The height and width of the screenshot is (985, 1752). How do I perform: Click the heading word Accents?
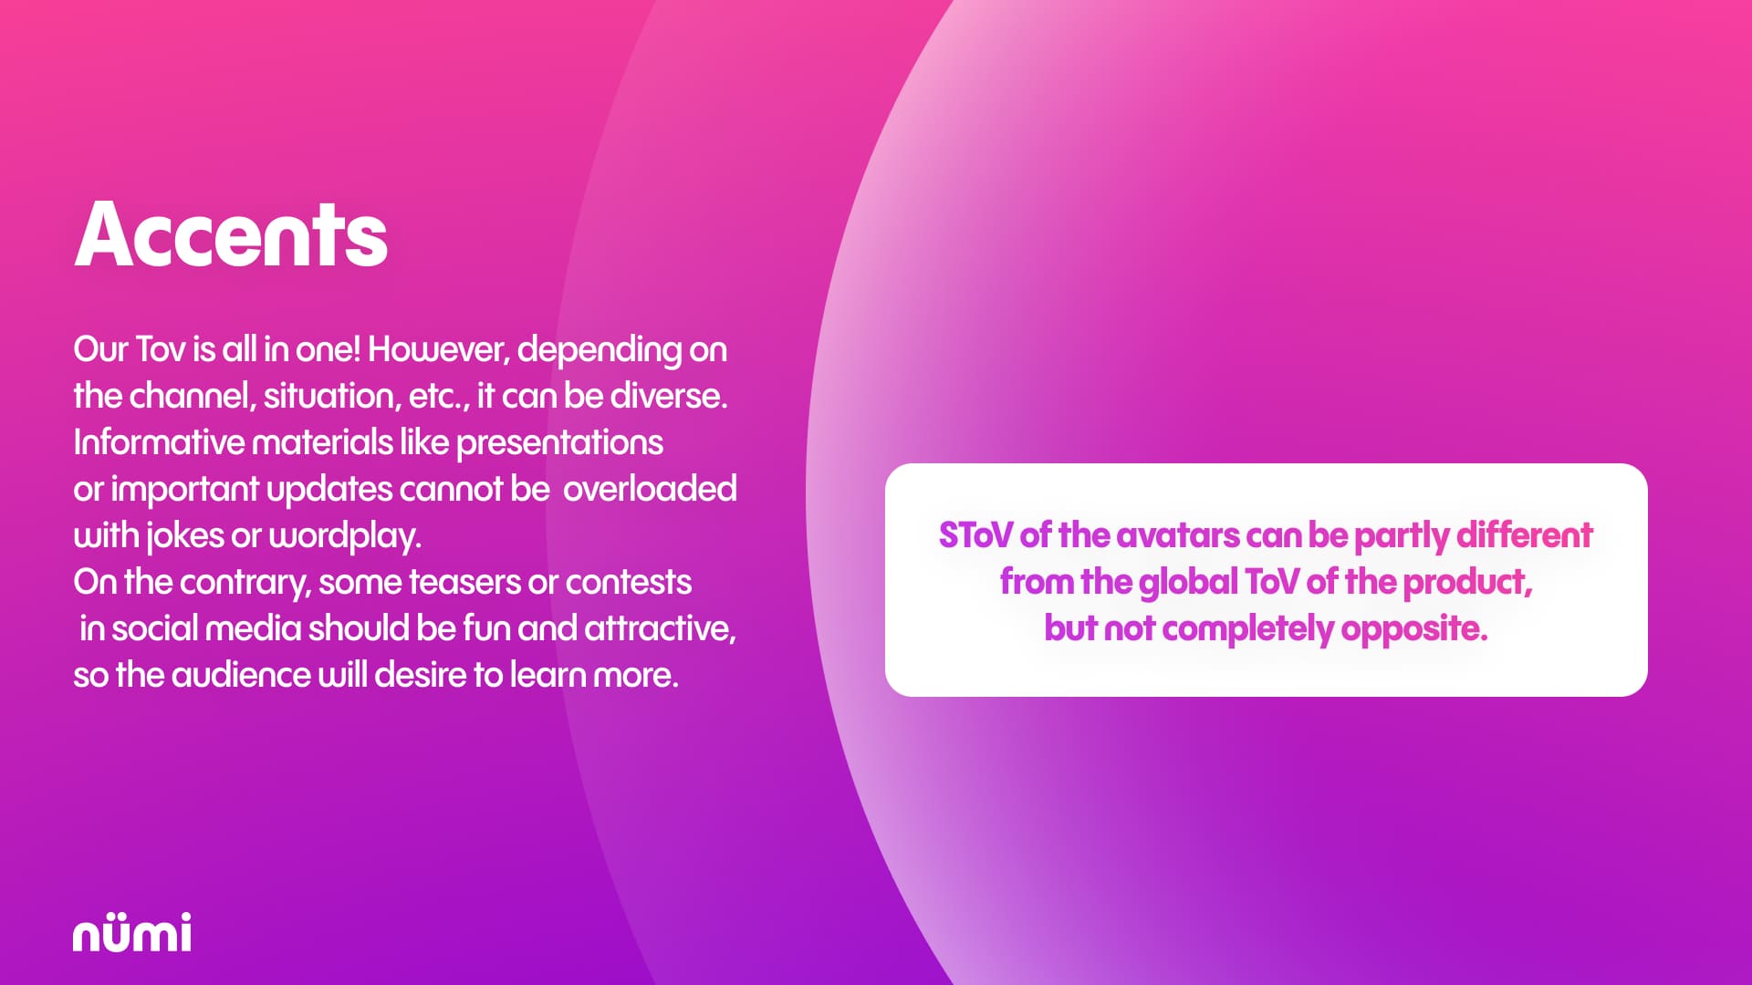click(x=231, y=234)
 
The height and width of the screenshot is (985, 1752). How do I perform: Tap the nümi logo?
click(x=132, y=932)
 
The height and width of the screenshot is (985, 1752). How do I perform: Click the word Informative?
click(x=159, y=442)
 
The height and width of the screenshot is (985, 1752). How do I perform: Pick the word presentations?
click(x=559, y=443)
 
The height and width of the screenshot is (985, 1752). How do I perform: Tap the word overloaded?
click(x=650, y=489)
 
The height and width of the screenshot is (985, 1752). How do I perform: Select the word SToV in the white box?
click(x=975, y=535)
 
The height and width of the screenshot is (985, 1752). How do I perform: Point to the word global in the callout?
click(x=1189, y=582)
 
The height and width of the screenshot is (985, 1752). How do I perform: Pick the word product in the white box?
click(x=1467, y=582)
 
